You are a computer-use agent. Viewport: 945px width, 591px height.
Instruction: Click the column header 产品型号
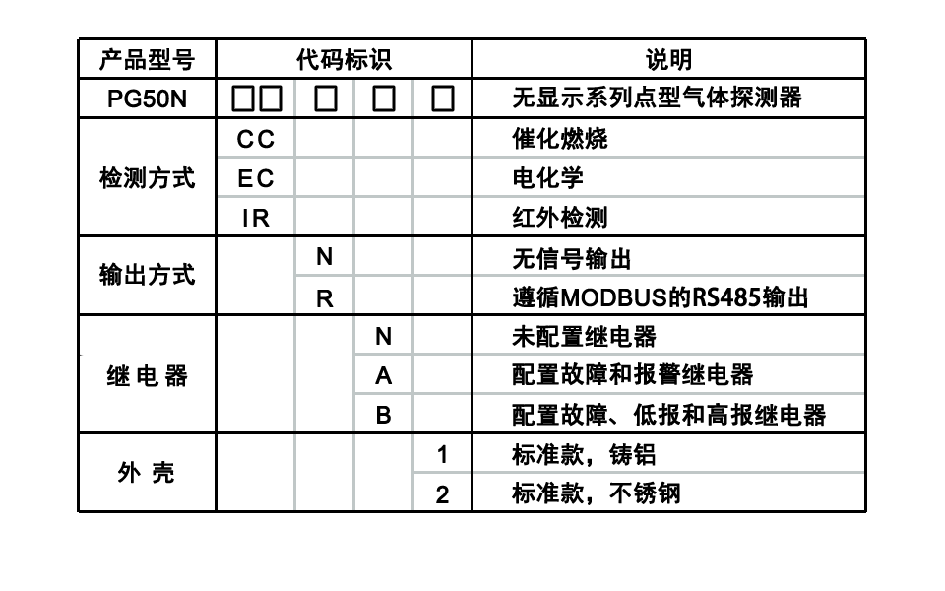coord(147,60)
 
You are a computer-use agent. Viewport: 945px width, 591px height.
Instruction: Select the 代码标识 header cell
coord(345,60)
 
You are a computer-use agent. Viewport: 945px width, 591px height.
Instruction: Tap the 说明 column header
coord(669,60)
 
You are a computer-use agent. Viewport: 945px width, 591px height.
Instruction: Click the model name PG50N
coord(147,98)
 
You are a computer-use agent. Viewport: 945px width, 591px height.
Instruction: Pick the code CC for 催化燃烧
coord(256,139)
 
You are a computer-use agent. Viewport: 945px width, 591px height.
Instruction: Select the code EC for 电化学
coord(256,178)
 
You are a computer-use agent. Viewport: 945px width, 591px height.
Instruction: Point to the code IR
coord(256,218)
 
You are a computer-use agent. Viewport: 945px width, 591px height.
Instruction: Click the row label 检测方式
coord(147,178)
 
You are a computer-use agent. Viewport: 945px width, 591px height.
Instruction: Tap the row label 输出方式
coord(147,275)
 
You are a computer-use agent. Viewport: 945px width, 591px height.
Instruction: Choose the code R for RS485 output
coord(324,297)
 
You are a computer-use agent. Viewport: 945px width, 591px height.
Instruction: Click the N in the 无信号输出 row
coord(324,257)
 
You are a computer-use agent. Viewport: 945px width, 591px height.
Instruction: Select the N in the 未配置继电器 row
coord(383,337)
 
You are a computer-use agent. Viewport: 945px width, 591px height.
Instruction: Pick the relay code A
coord(383,375)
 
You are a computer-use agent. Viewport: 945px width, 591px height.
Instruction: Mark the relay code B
coord(383,415)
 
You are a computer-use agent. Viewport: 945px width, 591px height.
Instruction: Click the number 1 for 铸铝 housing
coord(442,455)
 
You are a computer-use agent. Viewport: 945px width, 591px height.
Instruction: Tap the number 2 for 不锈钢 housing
coord(442,494)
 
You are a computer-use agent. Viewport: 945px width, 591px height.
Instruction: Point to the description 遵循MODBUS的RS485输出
coord(660,297)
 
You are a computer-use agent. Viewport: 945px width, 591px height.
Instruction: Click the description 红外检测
coord(560,218)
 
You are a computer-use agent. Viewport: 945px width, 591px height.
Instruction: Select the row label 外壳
coord(147,473)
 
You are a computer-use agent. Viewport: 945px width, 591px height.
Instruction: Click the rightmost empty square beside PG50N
coord(443,98)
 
